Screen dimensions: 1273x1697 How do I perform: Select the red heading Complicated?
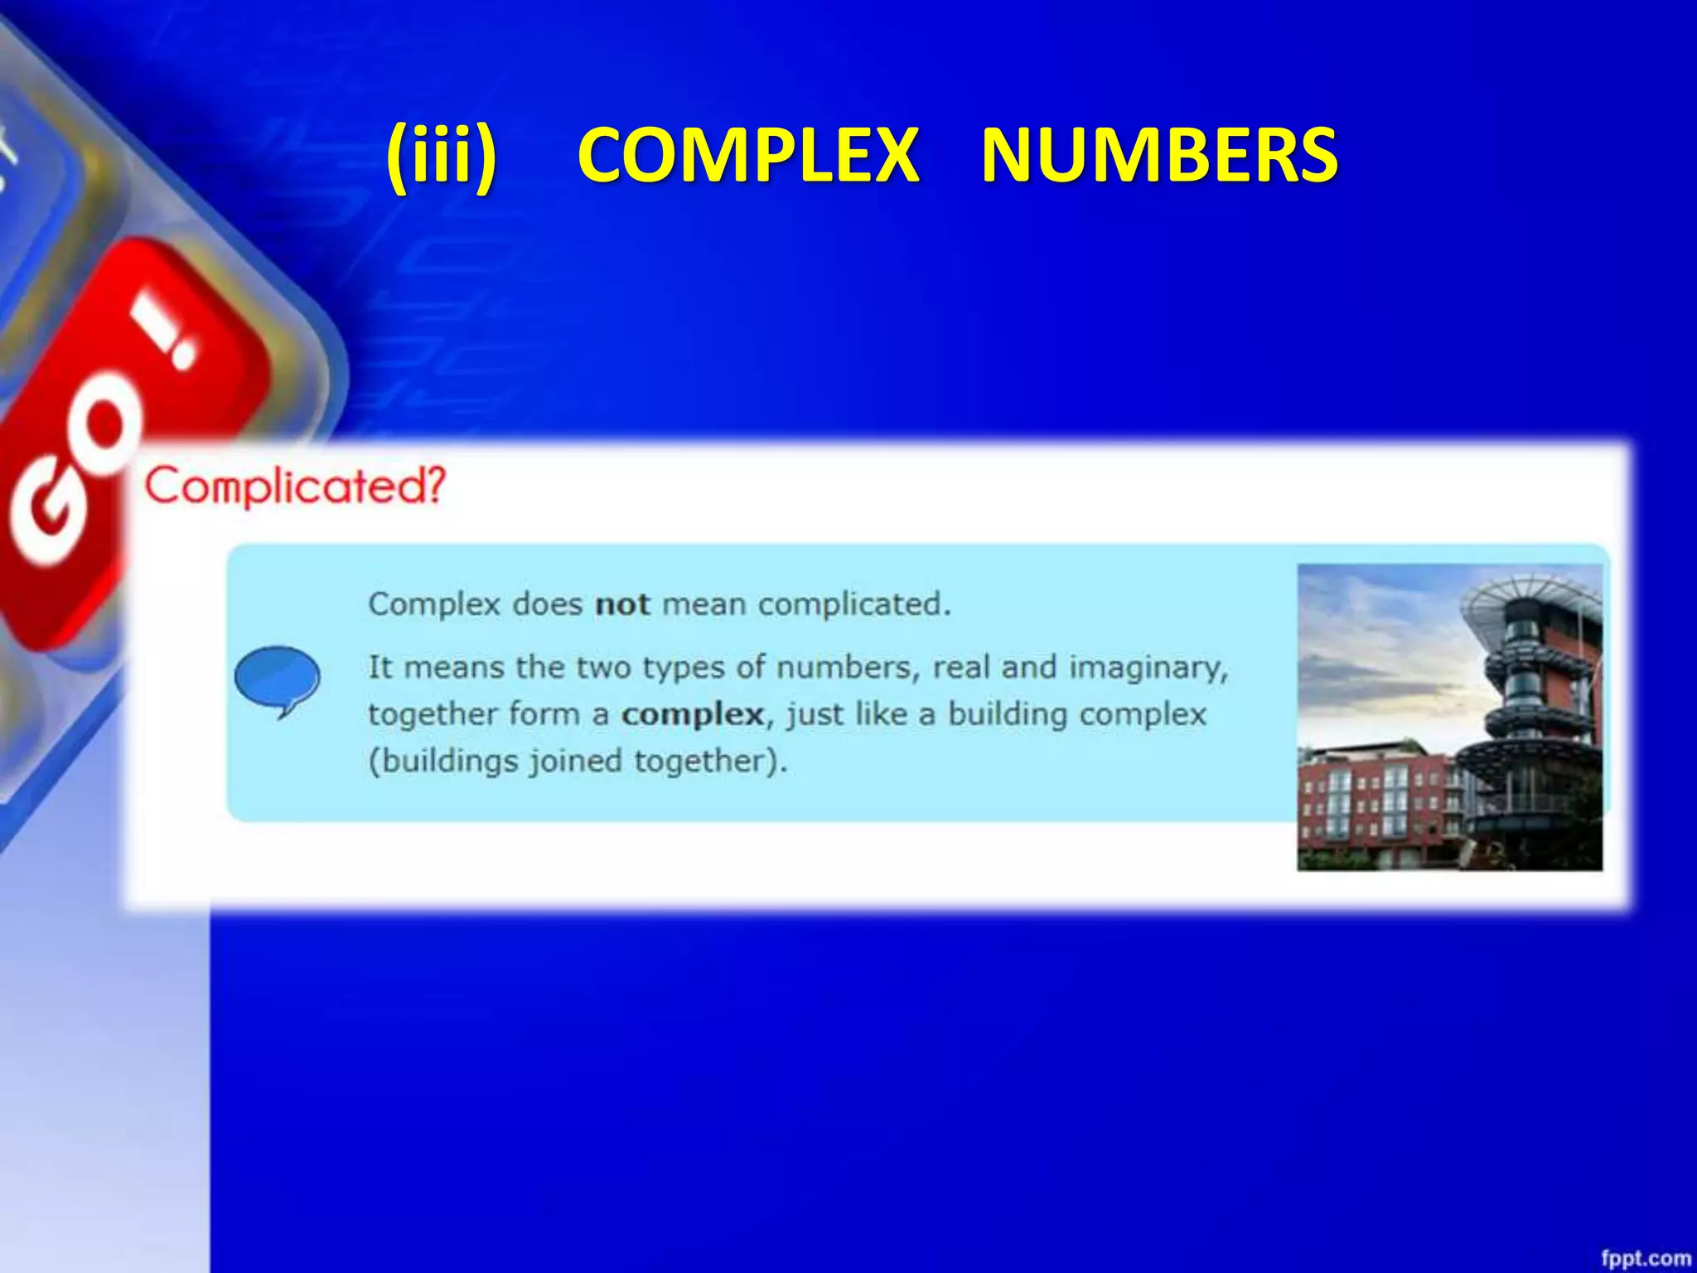point(296,486)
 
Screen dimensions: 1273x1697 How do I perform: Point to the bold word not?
point(622,604)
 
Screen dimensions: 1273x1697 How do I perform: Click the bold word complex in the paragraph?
point(693,714)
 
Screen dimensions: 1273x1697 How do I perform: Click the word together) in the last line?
point(710,761)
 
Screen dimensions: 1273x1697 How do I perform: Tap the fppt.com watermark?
point(1645,1257)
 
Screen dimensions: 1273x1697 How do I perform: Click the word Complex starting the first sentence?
point(434,604)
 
